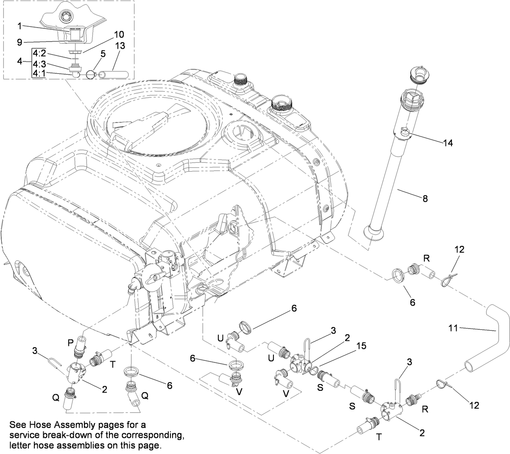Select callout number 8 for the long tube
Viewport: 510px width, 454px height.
tap(425, 198)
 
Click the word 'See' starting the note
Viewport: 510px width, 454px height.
tap(16, 424)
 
